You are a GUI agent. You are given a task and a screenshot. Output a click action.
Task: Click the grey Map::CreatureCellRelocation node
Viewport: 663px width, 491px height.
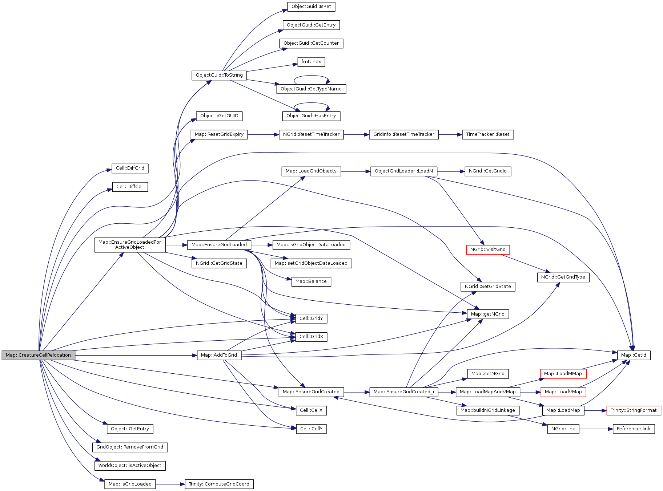(x=38, y=355)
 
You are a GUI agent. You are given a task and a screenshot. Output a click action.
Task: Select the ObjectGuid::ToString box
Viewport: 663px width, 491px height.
(x=219, y=75)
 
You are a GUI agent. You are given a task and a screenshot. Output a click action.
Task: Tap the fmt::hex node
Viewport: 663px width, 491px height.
(x=311, y=62)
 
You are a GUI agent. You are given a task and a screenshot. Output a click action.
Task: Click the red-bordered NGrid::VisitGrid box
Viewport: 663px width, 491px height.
(x=488, y=249)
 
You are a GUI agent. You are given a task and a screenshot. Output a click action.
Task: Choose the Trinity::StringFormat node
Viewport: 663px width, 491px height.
(x=634, y=410)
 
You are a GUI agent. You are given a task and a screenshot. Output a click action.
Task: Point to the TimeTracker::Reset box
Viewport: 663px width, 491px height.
(x=488, y=134)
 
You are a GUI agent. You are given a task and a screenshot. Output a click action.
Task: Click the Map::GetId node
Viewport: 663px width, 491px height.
(x=634, y=355)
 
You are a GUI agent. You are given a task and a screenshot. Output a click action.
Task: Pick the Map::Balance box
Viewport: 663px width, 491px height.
(x=311, y=281)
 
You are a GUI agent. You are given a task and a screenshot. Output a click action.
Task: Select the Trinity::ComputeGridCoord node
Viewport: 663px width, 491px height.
(x=219, y=484)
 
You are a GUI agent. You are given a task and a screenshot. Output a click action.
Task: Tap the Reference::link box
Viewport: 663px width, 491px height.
(x=634, y=429)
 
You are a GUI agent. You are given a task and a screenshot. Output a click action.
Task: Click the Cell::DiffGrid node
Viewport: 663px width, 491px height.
(x=130, y=168)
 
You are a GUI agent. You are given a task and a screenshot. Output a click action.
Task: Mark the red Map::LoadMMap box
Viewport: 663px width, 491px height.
(x=563, y=374)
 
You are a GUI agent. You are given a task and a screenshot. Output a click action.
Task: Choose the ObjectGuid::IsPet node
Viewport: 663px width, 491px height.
(x=311, y=7)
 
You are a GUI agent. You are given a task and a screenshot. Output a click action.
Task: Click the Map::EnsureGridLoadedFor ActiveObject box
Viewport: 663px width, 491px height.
(x=130, y=245)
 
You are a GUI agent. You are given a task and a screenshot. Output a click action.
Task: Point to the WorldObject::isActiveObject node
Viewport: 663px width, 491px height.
(x=130, y=466)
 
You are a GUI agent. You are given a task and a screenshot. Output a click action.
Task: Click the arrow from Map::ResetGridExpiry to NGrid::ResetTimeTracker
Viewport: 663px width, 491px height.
(x=263, y=135)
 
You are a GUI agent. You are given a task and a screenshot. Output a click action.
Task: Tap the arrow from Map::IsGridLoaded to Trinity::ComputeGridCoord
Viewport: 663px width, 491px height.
(x=170, y=484)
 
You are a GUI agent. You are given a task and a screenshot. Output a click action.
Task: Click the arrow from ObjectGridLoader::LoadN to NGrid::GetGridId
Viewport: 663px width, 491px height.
(x=451, y=171)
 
